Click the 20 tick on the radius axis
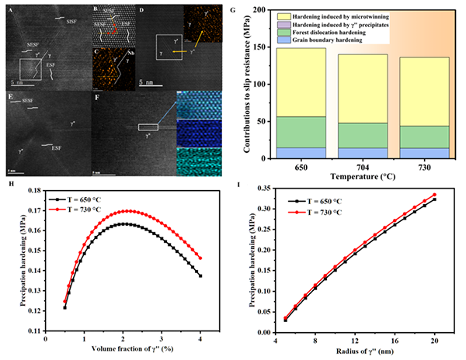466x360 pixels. point(434,341)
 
